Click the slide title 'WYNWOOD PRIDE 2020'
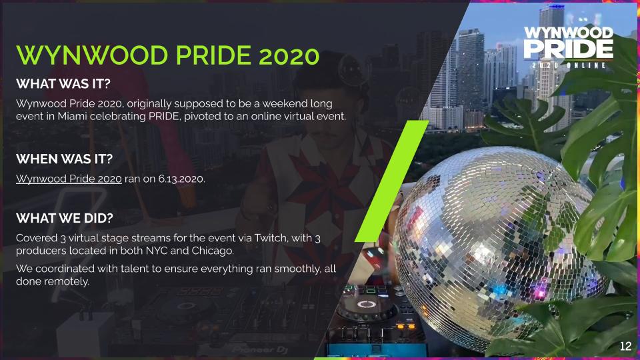pyautogui.click(x=167, y=55)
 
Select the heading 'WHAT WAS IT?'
pyautogui.click(x=63, y=84)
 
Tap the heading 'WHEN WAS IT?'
pyautogui.click(x=64, y=159)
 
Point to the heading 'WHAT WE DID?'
pyautogui.click(x=65, y=218)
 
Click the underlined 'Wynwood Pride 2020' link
pyautogui.click(x=69, y=179)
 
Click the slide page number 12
pyautogui.click(x=625, y=346)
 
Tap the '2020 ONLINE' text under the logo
pyautogui.click(x=569, y=65)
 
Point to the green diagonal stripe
pyautogui.click(x=392, y=181)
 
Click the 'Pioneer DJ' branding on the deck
pyautogui.click(x=260, y=350)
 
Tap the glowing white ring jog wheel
pyautogui.click(x=366, y=304)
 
